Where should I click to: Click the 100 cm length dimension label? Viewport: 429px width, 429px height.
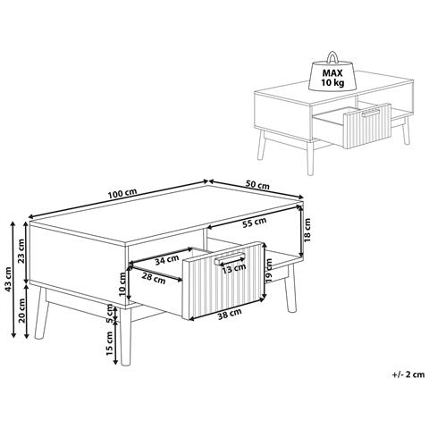pyautogui.click(x=122, y=193)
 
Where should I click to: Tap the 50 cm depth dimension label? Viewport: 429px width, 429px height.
pyautogui.click(x=257, y=185)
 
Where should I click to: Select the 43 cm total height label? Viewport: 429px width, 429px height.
pyautogui.click(x=8, y=279)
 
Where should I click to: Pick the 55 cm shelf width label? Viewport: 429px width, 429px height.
pyautogui.click(x=254, y=223)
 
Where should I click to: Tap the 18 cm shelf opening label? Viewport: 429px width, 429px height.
pyautogui.click(x=307, y=230)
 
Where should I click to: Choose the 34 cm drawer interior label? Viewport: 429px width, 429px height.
pyautogui.click(x=167, y=260)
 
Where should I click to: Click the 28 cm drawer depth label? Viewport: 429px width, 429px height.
pyautogui.click(x=153, y=278)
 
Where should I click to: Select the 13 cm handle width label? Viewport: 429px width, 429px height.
pyautogui.click(x=234, y=268)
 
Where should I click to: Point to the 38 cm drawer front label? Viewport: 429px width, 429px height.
pyautogui.click(x=230, y=315)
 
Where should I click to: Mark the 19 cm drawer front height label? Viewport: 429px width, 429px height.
pyautogui.click(x=269, y=271)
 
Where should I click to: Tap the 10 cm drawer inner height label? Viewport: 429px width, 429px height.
pyautogui.click(x=122, y=283)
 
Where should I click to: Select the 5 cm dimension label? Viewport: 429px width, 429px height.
pyautogui.click(x=109, y=314)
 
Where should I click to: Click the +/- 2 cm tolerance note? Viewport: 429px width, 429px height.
pyautogui.click(x=408, y=374)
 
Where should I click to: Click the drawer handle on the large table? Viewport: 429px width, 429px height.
pyautogui.click(x=230, y=258)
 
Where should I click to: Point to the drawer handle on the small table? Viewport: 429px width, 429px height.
pyautogui.click(x=371, y=114)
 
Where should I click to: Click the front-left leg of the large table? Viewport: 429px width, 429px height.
pyautogui.click(x=125, y=337)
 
